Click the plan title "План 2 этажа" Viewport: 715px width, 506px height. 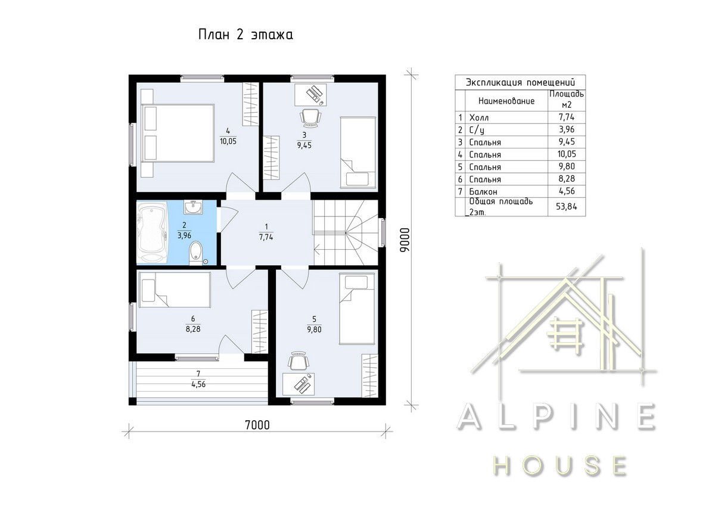point(245,35)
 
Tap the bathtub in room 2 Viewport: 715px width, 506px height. point(152,232)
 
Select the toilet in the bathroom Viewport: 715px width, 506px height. point(195,253)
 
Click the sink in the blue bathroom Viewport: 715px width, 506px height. point(193,207)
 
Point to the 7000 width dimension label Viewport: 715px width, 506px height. point(257,425)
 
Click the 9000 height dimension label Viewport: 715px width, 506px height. point(405,240)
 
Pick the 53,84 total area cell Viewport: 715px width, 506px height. point(566,207)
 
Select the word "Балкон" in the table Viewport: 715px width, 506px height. point(483,191)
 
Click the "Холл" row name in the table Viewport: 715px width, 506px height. point(479,117)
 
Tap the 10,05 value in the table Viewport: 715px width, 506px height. point(567,154)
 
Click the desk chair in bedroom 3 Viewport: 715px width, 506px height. point(310,118)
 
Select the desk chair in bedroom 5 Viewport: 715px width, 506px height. point(299,361)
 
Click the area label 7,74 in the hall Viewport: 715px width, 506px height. point(266,237)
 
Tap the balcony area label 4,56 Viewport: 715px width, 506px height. point(198,384)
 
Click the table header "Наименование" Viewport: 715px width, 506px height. point(506,101)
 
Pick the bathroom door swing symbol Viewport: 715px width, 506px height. point(228,219)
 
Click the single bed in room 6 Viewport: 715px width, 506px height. point(174,290)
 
